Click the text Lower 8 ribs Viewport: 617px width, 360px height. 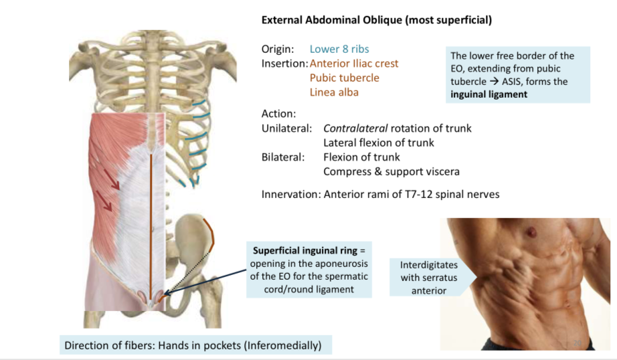coord(339,49)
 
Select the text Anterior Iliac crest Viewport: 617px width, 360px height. coord(354,64)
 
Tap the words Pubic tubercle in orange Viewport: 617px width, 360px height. coord(344,78)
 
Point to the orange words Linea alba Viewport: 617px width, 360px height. coord(334,92)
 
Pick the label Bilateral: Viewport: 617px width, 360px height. coord(283,157)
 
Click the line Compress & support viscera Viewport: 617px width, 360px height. coord(391,171)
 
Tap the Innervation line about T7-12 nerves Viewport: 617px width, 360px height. coord(380,195)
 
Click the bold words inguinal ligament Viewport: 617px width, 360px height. coord(489,94)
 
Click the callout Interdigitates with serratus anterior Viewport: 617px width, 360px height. coord(424,277)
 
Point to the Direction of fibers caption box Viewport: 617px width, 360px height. coord(193,345)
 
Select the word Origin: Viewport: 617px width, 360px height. coord(278,49)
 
